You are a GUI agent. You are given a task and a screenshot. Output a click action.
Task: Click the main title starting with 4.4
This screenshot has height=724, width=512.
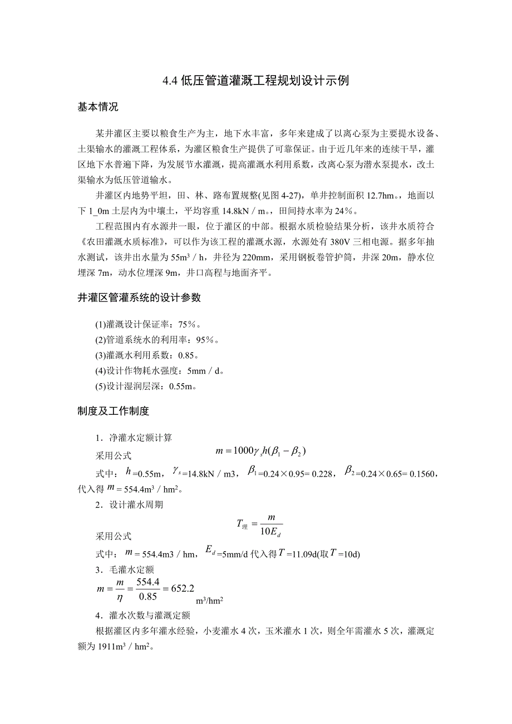255,81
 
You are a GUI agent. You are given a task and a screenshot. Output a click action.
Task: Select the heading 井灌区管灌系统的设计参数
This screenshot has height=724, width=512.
139,298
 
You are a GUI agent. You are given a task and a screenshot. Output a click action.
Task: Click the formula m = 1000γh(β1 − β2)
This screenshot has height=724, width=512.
261,450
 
